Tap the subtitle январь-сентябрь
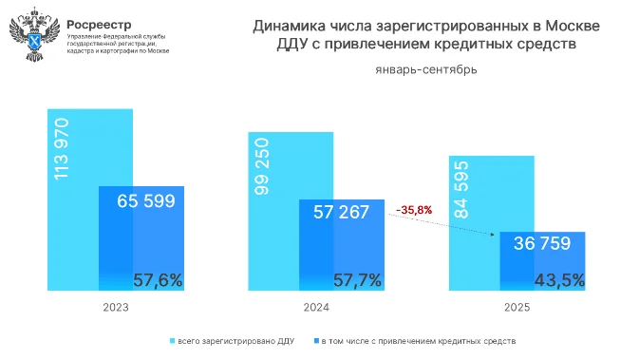pos(426,69)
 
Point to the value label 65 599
pos(146,201)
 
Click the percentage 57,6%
pos(158,280)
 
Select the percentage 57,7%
pos(358,280)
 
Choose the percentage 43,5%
pos(558,280)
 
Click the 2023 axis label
pos(115,308)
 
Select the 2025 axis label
pos(516,308)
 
